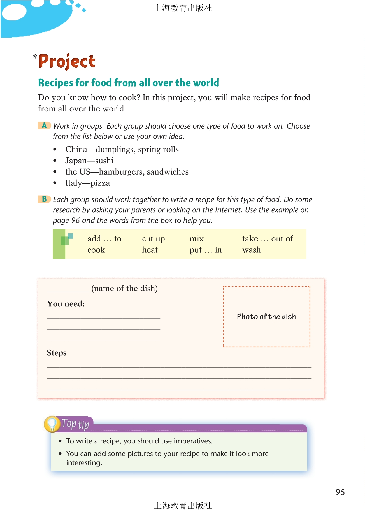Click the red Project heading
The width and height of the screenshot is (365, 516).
point(67,61)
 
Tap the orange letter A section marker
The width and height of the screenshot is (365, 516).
point(44,125)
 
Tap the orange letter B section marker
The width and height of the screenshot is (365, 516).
point(44,199)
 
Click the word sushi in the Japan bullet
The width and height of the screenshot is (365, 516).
point(104,161)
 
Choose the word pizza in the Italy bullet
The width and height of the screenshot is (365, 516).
point(100,183)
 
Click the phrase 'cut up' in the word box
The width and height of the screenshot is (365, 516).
point(153,239)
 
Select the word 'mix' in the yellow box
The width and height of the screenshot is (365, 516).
point(196,239)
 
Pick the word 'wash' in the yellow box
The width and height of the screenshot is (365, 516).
point(251,250)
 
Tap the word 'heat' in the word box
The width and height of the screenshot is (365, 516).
point(150,250)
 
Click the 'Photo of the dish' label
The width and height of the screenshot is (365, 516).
point(266,317)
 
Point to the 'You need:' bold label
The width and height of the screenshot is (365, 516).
point(66,304)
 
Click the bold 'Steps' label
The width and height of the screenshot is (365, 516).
point(57,353)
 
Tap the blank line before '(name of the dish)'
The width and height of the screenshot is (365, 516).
point(68,290)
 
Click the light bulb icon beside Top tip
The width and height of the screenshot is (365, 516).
point(52,424)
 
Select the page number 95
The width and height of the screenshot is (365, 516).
point(340,492)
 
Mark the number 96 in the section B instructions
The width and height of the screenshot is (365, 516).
point(75,220)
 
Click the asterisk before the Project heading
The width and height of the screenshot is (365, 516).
point(35,57)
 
